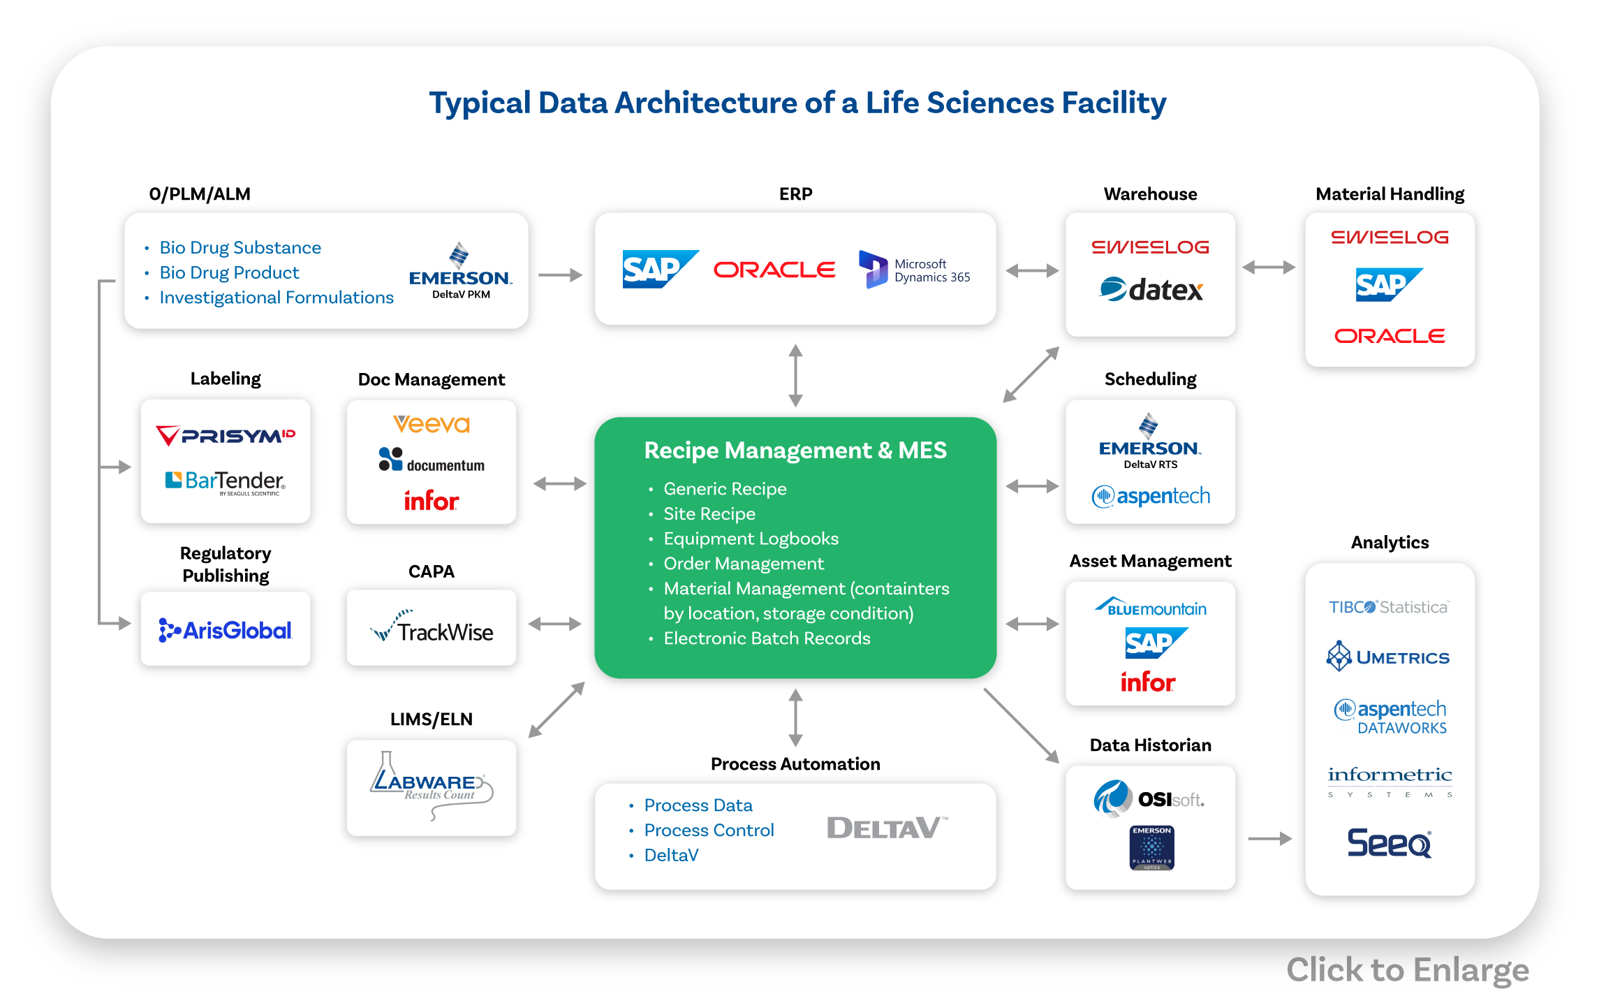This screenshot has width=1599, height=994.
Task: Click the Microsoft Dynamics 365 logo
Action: [x=915, y=270]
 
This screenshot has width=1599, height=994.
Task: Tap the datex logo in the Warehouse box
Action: [x=1151, y=289]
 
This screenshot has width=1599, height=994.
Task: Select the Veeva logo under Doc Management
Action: [x=432, y=424]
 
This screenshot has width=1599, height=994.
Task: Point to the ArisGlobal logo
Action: [x=225, y=630]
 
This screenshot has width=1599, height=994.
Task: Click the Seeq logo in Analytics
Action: [x=1389, y=842]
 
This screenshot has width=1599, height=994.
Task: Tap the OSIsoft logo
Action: [x=1149, y=798]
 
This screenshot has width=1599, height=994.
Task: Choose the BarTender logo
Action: [x=225, y=481]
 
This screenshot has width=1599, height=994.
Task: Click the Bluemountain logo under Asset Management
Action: [x=1150, y=608]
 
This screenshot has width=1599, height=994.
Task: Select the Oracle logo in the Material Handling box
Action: [x=1390, y=336]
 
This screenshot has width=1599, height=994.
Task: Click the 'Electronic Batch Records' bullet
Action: [x=767, y=638]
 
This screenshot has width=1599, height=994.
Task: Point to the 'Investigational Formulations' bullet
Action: [x=277, y=298]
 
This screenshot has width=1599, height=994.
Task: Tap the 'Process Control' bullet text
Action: [x=709, y=830]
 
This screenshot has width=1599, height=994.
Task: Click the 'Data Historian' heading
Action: [x=1150, y=745]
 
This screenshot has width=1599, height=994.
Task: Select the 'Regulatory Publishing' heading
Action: [x=226, y=564]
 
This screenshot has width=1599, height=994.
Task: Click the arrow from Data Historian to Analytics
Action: [x=1269, y=838]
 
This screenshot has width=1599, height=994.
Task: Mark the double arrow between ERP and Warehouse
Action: [x=1032, y=270]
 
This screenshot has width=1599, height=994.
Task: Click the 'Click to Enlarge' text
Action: [x=1407, y=970]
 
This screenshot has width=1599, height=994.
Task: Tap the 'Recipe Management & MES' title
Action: [x=795, y=451]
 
